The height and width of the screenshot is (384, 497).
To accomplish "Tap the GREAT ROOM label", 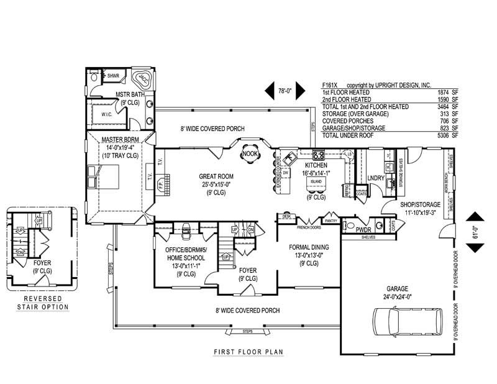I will tap(215, 176).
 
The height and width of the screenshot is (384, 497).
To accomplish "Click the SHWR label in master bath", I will tap(113, 76).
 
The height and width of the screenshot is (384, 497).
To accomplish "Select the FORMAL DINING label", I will tap(309, 247).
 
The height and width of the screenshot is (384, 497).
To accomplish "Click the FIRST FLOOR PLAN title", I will tap(248, 352).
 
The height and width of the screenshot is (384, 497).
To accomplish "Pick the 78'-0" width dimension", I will tap(285, 91).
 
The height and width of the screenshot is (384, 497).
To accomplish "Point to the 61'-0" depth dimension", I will tap(475, 231).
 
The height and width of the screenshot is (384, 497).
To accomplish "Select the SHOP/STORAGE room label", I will tap(421, 204).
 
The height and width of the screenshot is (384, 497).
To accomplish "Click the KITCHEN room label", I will tap(316, 166).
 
